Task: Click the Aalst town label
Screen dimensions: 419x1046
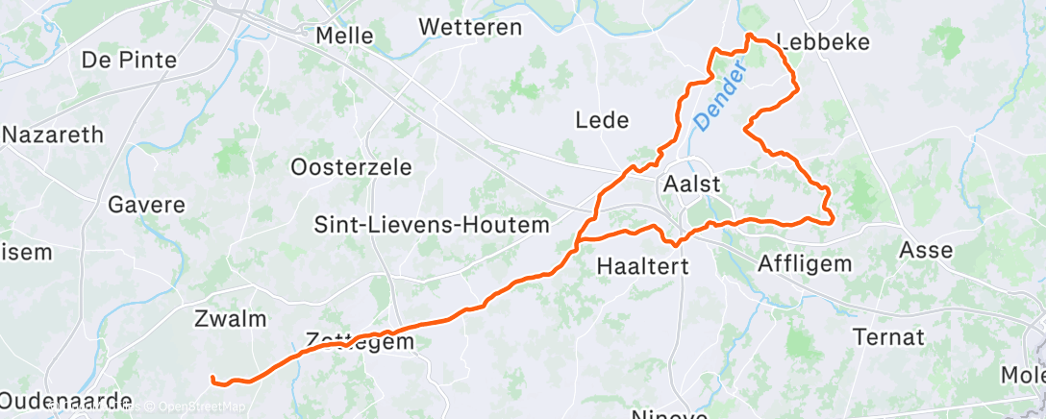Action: coord(691,184)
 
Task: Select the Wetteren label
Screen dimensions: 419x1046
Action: coord(471,27)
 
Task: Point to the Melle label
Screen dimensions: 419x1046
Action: coord(345,36)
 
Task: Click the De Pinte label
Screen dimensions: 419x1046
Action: coord(129,61)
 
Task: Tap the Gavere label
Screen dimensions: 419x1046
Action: coord(146,205)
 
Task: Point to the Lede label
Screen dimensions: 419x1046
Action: coord(602,120)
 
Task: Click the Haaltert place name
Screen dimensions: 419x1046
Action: coord(642,266)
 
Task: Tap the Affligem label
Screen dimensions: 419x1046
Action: coord(805,262)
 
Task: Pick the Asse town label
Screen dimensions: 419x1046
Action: coord(925,251)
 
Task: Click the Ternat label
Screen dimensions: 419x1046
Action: coord(888,337)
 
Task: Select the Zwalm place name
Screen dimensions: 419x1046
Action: coord(230,319)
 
